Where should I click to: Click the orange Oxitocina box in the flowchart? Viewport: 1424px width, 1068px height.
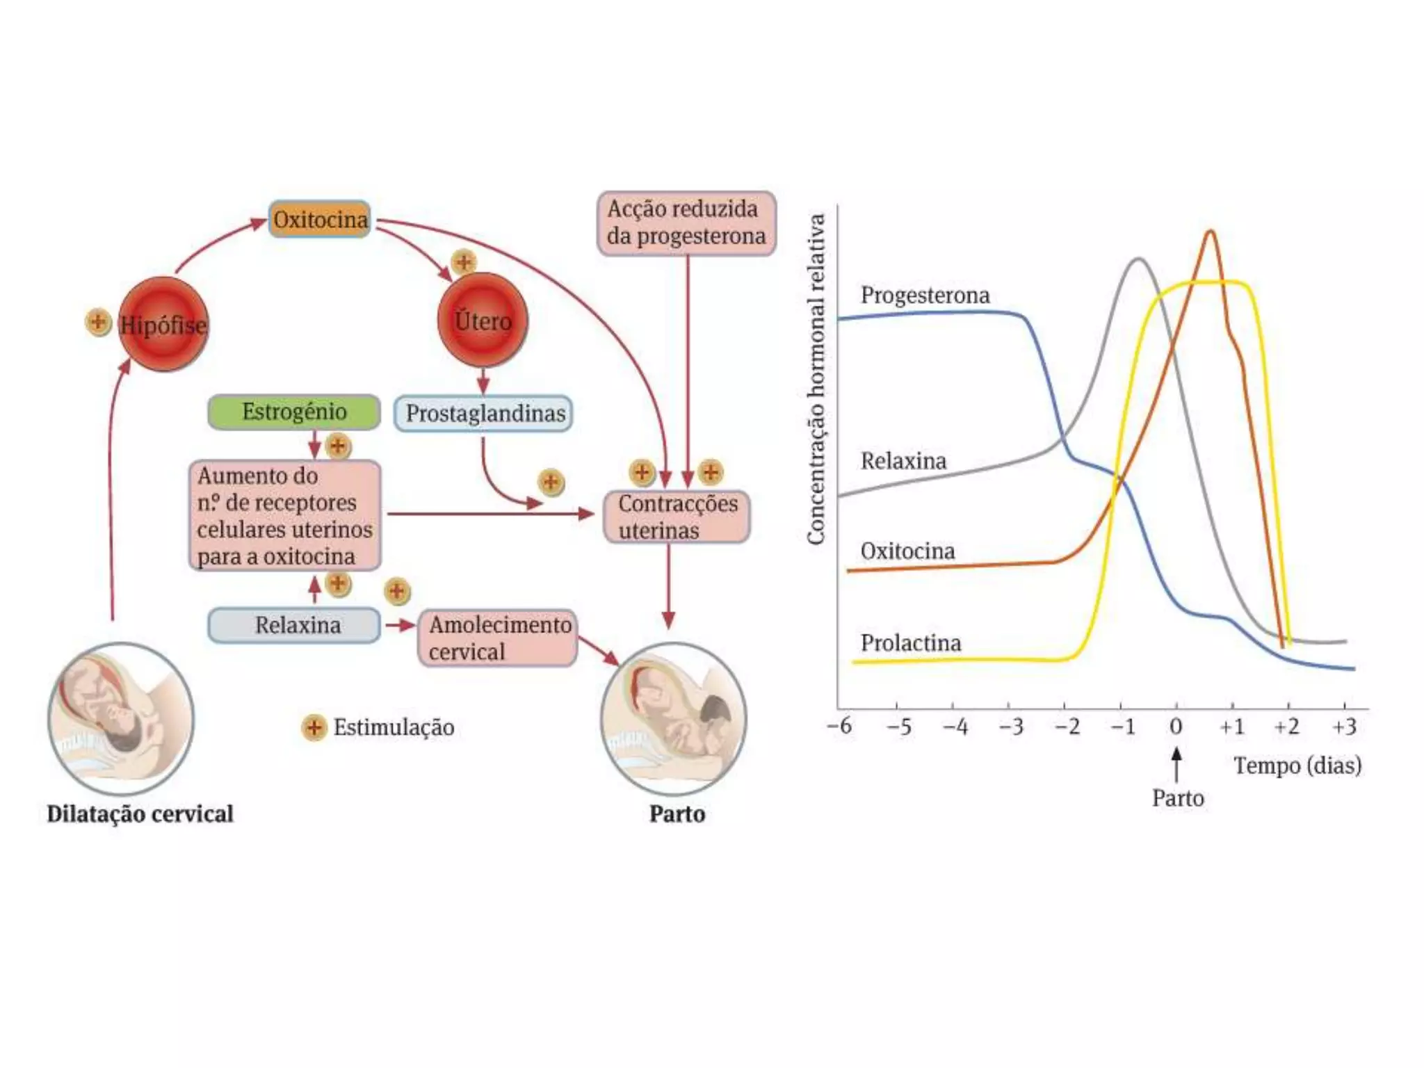pyautogui.click(x=320, y=220)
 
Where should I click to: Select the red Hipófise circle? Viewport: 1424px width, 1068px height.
pyautogui.click(x=163, y=324)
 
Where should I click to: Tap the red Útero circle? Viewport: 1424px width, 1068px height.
pyautogui.click(x=483, y=321)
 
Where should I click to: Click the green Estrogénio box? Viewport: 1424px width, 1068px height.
pyautogui.click(x=294, y=412)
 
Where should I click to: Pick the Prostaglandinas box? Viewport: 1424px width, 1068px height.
pyautogui.click(x=484, y=414)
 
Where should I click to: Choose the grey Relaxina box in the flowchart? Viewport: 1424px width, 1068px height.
pyautogui.click(x=295, y=625)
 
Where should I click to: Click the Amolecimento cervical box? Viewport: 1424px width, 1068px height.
pyautogui.click(x=498, y=638)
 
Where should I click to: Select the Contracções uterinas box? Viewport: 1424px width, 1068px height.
pyautogui.click(x=677, y=517)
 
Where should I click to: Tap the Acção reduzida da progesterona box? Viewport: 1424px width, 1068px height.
pyautogui.click(x=686, y=223)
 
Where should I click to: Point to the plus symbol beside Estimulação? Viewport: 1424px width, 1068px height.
pyautogui.click(x=314, y=727)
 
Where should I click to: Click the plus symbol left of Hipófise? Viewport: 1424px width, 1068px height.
pyautogui.click(x=98, y=322)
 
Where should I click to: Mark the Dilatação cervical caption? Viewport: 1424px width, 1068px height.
pyautogui.click(x=140, y=814)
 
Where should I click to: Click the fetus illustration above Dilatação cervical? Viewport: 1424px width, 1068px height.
pyautogui.click(x=121, y=718)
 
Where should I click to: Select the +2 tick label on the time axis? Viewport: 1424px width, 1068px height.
pyautogui.click(x=1287, y=727)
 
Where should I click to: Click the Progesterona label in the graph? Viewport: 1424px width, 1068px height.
pyautogui.click(x=925, y=295)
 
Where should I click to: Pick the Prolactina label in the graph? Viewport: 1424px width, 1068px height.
pyautogui.click(x=911, y=643)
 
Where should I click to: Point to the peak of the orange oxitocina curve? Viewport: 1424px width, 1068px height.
pyautogui.click(x=1211, y=232)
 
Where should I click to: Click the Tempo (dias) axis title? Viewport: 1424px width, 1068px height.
pyautogui.click(x=1297, y=766)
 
